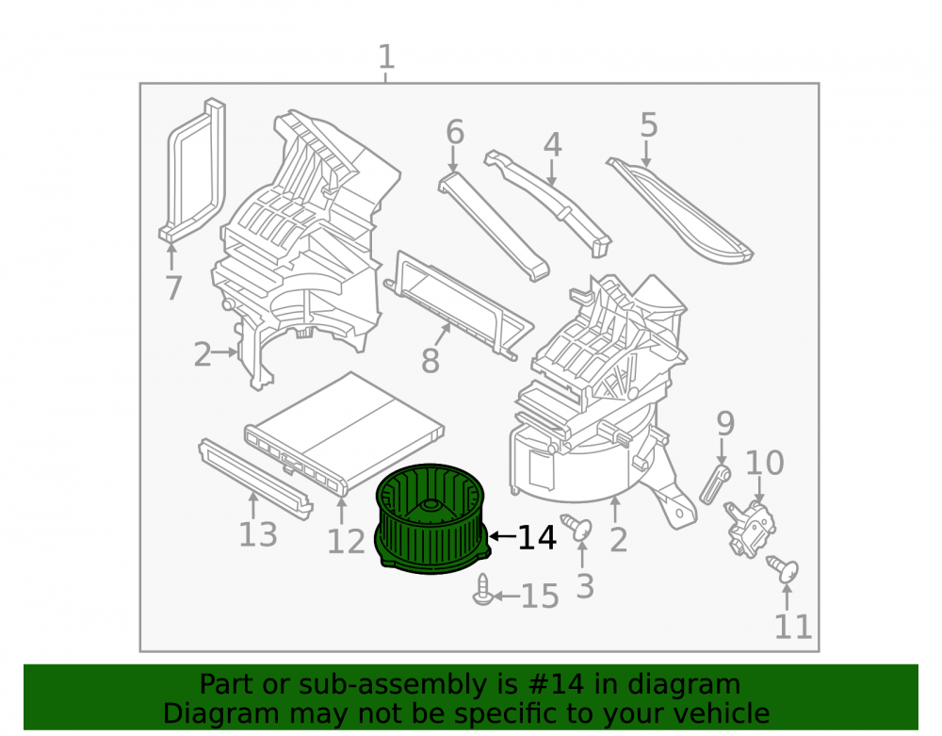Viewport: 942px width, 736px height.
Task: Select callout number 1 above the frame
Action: (387, 57)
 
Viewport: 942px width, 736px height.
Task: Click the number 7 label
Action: (173, 287)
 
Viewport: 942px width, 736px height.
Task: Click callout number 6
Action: (455, 132)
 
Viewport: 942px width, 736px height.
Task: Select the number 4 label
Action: (552, 145)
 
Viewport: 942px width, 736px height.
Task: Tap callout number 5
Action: (648, 124)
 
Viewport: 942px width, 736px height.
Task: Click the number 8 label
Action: (430, 361)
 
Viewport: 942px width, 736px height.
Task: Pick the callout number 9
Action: (725, 423)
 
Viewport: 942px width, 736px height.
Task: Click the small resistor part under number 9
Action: (715, 484)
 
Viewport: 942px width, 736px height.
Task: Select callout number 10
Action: (764, 463)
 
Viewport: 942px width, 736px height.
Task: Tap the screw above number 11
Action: (783, 569)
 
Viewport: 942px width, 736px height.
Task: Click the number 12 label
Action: (346, 541)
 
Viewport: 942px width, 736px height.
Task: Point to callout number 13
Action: (258, 534)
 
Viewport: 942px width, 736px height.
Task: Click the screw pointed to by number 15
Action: (483, 590)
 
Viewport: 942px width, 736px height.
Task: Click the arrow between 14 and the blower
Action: (502, 535)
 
